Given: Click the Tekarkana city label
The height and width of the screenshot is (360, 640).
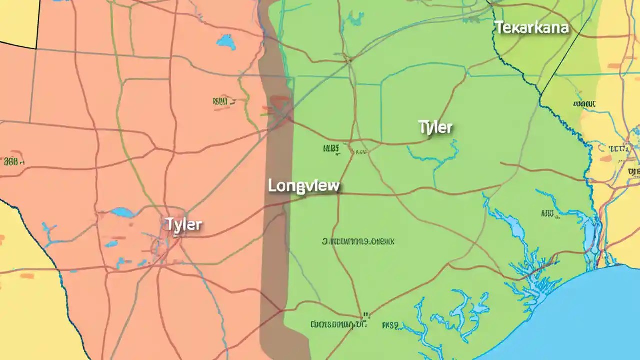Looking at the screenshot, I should click(531, 27).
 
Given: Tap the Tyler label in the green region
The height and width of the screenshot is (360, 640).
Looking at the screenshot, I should click(435, 127).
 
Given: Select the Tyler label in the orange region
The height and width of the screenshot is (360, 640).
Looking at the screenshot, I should click(183, 225).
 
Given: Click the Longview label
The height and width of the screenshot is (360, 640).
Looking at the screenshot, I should click(304, 186).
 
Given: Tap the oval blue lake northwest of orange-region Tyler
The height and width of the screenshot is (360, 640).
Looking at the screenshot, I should click(122, 212).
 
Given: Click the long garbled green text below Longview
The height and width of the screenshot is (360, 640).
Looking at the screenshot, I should click(358, 242).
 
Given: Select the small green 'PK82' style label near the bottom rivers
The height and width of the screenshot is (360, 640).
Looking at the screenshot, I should click(390, 325).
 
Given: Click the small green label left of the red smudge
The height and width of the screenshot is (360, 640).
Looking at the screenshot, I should click(220, 102).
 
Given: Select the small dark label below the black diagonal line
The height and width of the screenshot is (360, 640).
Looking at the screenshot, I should click(585, 104).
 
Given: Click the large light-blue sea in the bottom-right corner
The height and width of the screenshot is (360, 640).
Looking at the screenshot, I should click(575, 320).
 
